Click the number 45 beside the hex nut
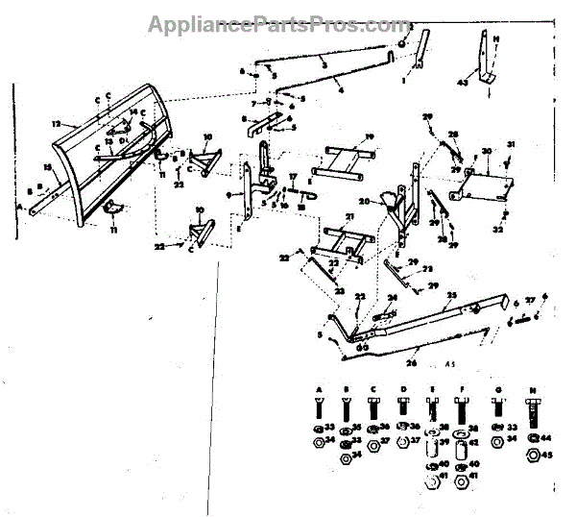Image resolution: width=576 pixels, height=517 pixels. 546,456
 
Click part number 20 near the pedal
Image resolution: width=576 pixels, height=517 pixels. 364,202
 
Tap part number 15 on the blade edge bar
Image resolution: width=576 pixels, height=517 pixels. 46,169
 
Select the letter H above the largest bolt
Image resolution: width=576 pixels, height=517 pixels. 531,388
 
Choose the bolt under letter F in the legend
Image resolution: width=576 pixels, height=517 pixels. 464,411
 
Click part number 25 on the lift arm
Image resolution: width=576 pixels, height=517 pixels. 451,295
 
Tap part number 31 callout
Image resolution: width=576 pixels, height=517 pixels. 511,145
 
